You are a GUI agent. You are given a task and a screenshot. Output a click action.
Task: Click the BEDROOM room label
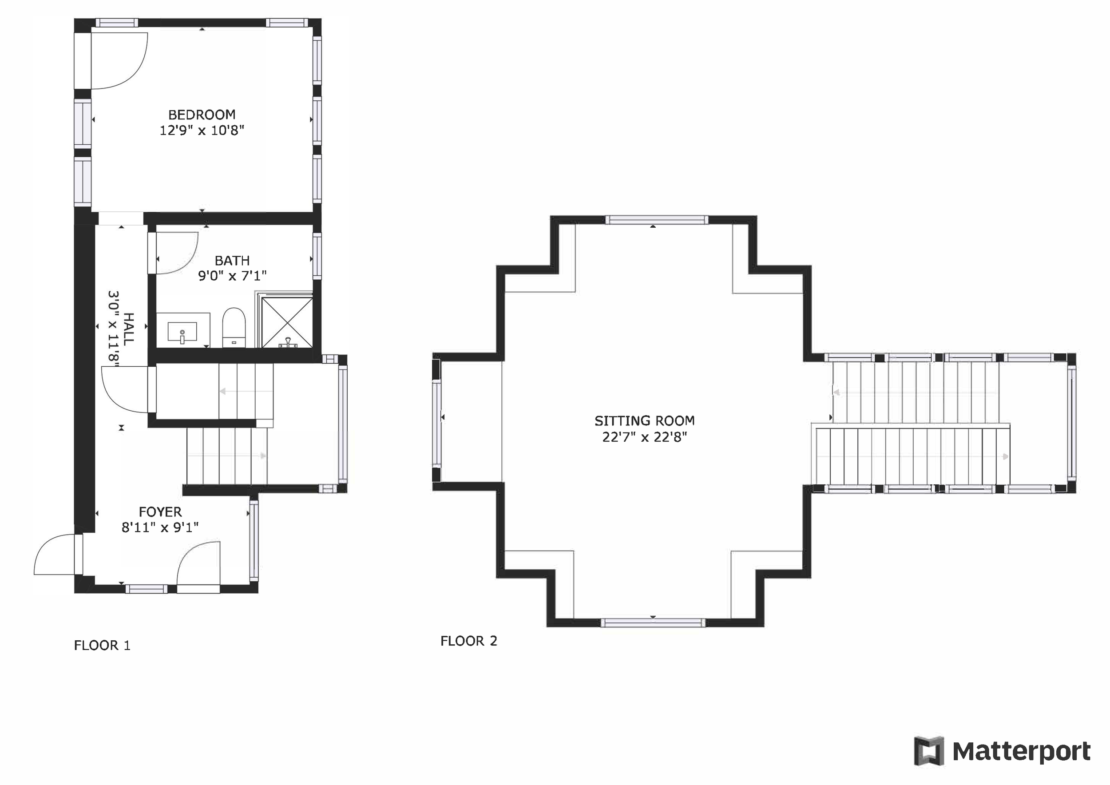click(x=202, y=115)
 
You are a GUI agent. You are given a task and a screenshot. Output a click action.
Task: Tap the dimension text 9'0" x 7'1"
click(x=232, y=276)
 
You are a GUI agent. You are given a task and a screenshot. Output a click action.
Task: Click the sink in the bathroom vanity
click(x=182, y=333)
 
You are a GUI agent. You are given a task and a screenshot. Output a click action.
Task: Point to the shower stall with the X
click(x=287, y=322)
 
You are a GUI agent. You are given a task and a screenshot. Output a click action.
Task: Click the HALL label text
click(x=128, y=329)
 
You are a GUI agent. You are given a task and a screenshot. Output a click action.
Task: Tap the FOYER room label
click(x=160, y=512)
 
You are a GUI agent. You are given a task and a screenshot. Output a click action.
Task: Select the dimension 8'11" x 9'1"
click(x=160, y=527)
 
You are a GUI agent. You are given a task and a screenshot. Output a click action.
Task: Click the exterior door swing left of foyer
click(x=53, y=556)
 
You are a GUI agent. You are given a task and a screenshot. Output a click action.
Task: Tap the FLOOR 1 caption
click(x=102, y=645)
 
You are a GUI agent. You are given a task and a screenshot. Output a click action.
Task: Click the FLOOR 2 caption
click(x=468, y=641)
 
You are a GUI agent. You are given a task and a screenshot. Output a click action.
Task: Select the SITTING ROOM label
click(x=644, y=420)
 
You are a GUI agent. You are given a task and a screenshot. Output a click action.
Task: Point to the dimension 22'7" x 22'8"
click(x=644, y=437)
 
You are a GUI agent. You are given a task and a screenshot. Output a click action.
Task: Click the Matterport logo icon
click(x=929, y=752)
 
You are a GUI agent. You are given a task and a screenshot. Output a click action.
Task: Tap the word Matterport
click(x=1022, y=752)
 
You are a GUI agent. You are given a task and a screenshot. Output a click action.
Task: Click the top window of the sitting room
click(x=657, y=220)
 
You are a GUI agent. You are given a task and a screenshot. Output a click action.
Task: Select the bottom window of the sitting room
click(x=653, y=623)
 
